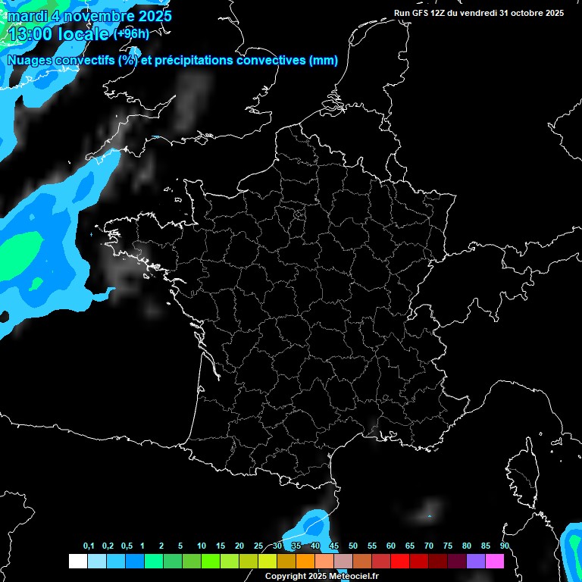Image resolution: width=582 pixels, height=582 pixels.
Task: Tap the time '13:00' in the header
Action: tap(30, 33)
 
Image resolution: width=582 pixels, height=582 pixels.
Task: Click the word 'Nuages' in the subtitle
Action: tap(30, 61)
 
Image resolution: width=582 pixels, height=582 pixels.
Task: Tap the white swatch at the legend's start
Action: tap(77, 561)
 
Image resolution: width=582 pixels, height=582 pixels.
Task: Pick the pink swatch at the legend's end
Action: tap(494, 561)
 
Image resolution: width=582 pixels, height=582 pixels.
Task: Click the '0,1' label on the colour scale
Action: tap(89, 546)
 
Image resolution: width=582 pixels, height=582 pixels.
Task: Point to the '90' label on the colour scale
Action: tap(504, 546)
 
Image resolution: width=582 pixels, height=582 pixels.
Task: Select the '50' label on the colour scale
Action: tap(353, 546)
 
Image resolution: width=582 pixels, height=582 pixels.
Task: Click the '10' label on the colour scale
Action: tap(201, 546)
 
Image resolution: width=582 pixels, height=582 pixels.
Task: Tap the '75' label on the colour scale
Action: tap(447, 546)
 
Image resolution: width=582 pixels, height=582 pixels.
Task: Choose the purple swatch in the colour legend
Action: tap(475, 561)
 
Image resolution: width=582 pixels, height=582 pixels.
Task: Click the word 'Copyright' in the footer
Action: tap(285, 576)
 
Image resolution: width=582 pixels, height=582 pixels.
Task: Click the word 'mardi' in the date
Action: tap(27, 16)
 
